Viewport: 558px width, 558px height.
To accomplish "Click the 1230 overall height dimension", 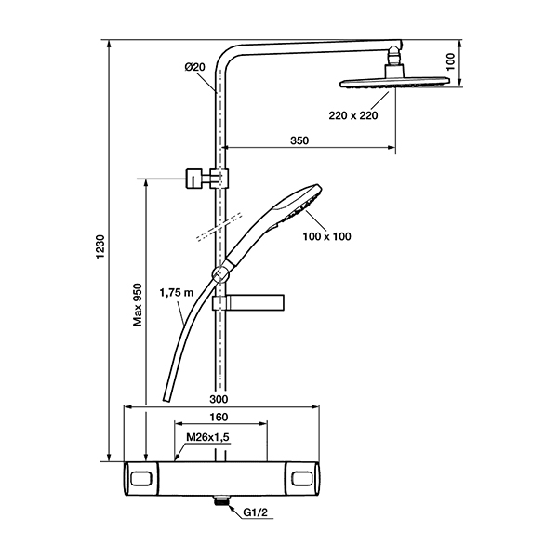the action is (x=100, y=247).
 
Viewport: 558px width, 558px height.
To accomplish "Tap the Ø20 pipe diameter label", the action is (x=194, y=67).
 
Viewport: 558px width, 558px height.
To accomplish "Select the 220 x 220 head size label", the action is (x=353, y=115).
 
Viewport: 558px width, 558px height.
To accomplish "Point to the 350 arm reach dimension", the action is (x=299, y=140).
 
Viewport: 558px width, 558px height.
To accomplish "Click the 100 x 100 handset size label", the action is (x=326, y=236).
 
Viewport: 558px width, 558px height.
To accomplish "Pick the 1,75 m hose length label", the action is (x=176, y=293).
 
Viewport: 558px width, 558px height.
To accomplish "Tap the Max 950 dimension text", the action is (x=138, y=305).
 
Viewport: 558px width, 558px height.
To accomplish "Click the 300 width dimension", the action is (x=219, y=399).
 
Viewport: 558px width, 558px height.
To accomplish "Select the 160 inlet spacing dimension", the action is (x=219, y=417).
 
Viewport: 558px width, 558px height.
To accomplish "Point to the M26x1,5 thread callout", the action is (x=207, y=437).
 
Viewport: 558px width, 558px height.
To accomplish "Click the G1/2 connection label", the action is (x=255, y=512).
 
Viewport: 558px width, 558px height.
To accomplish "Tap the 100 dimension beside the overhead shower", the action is (x=450, y=62).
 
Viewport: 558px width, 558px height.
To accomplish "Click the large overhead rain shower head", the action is (x=394, y=82).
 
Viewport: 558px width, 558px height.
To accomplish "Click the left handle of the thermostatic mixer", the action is (x=141, y=479).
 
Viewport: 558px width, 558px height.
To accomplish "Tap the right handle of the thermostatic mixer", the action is (x=301, y=479).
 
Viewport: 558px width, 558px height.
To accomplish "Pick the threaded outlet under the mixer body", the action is (x=221, y=500).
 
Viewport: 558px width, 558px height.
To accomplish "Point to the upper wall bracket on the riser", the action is (x=206, y=178).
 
